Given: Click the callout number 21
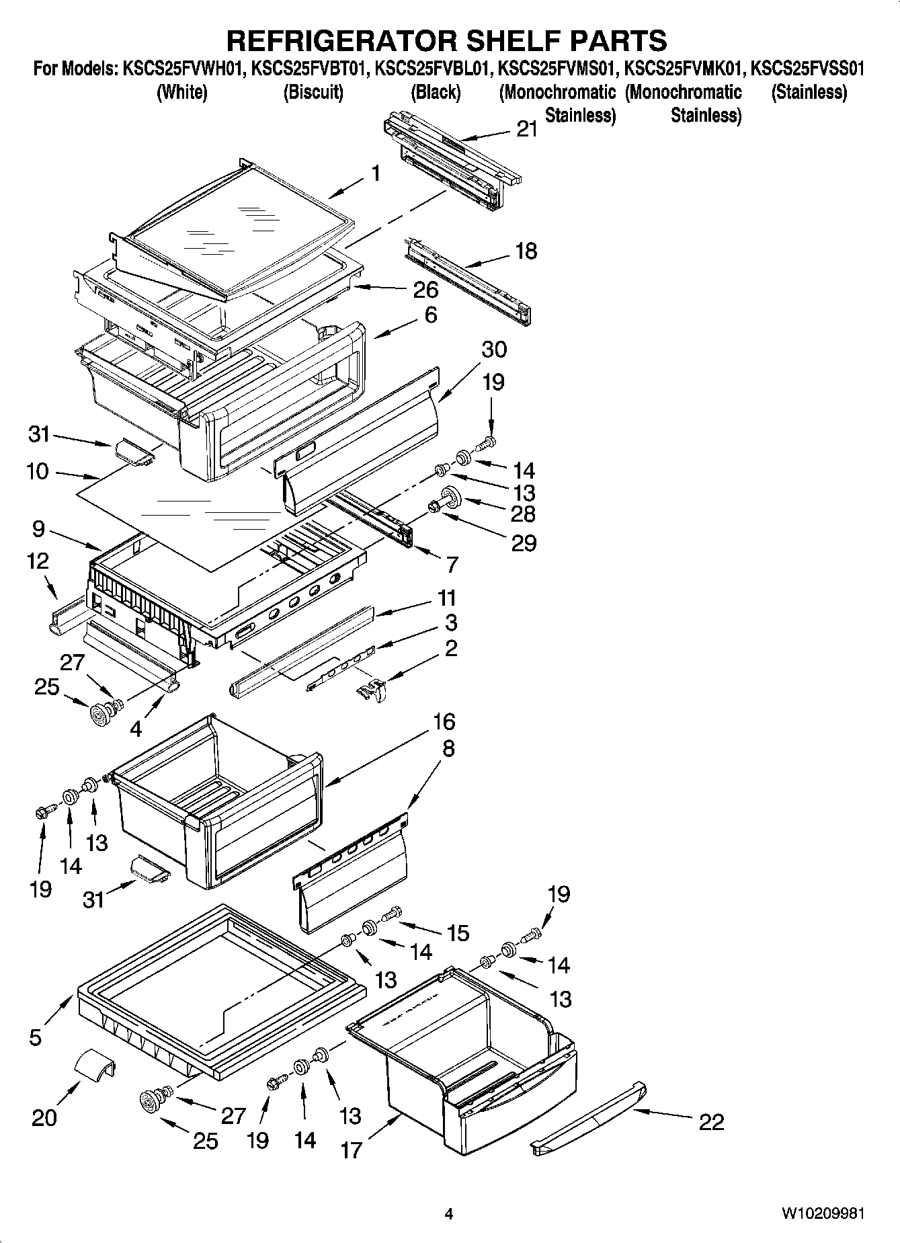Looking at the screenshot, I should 527,129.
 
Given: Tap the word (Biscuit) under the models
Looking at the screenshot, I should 313,92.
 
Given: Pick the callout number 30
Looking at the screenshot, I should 494,350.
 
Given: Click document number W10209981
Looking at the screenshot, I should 822,1214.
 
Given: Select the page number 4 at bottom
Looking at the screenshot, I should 449,1214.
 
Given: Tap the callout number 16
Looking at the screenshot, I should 444,722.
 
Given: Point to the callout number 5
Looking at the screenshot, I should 36,1037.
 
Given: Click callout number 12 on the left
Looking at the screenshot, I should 38,561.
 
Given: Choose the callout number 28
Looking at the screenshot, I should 523,514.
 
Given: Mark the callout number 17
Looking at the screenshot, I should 352,1150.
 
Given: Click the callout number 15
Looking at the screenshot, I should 458,932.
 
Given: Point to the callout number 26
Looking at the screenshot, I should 425,290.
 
